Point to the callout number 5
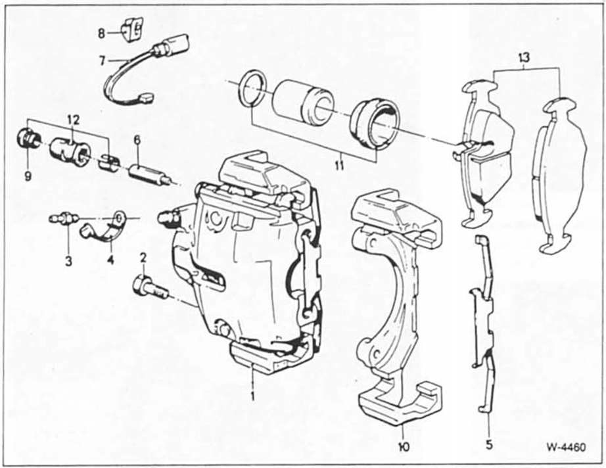click(x=488, y=444)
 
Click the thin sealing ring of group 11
click(x=252, y=88)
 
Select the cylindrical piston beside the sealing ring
click(x=303, y=99)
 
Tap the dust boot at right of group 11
click(x=373, y=124)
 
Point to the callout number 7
click(x=102, y=61)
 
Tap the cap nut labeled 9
click(x=28, y=139)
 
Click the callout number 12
click(x=72, y=119)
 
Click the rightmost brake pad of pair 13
click(x=560, y=174)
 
